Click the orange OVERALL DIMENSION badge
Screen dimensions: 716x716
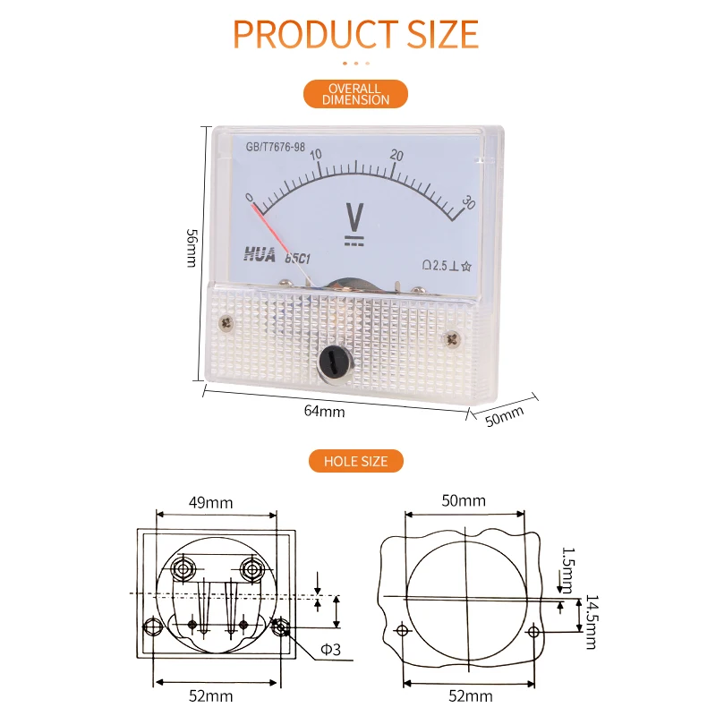tap(355, 94)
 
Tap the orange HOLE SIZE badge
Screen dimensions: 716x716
tap(355, 461)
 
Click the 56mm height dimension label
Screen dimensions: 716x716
tap(192, 247)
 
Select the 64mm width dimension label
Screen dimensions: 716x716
tap(324, 411)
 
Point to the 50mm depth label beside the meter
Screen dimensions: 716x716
tap(504, 416)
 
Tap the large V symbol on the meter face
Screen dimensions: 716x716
tap(354, 217)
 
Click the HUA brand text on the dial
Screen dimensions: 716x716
tap(260, 254)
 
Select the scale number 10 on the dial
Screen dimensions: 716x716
tap(316, 154)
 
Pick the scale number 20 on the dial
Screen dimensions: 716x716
tap(396, 156)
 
